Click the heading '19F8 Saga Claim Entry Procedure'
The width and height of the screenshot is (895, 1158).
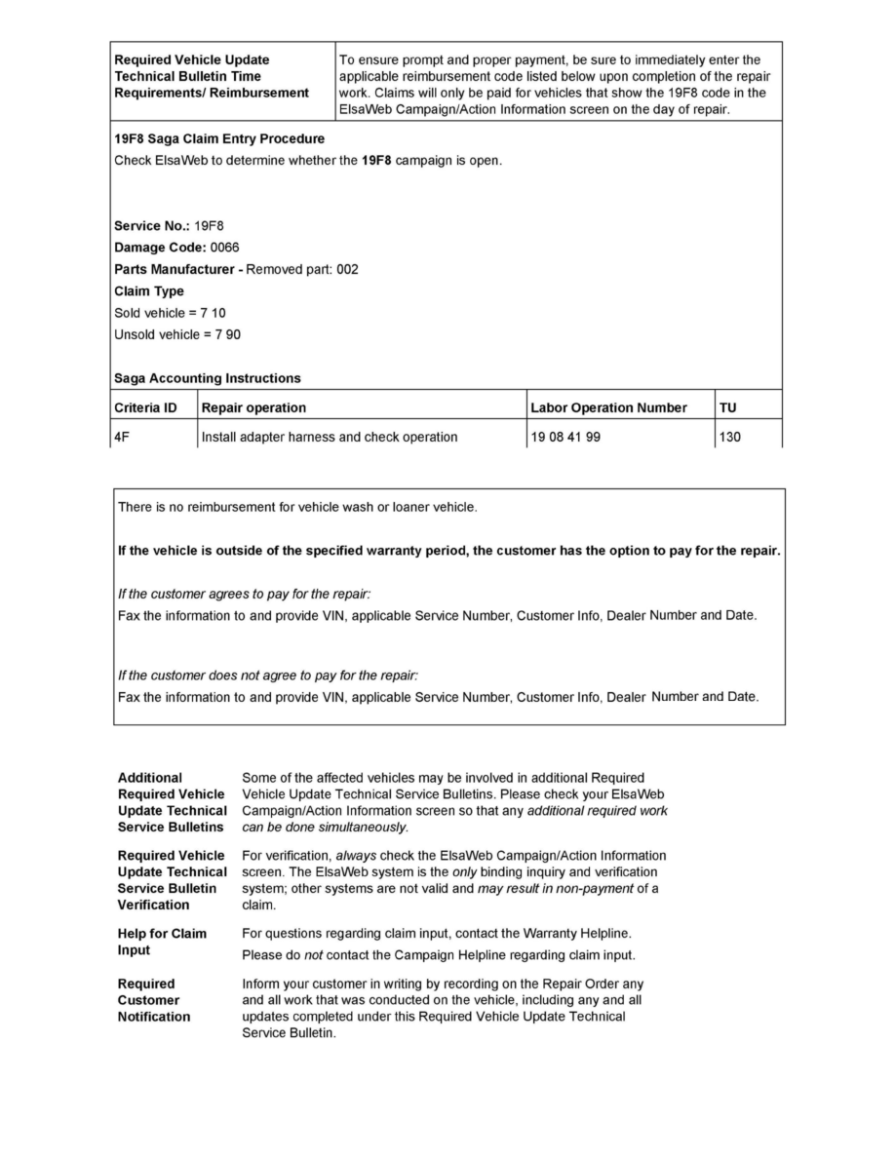tap(219, 138)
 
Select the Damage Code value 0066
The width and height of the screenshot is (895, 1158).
tap(224, 248)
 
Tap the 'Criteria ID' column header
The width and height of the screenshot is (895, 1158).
tap(145, 407)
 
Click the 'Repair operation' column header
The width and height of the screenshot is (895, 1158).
tap(253, 407)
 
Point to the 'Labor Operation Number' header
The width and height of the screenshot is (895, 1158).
tap(608, 407)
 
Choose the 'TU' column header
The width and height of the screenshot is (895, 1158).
tap(728, 407)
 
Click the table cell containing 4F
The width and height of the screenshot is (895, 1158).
tap(122, 437)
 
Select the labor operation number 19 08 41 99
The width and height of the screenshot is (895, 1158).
tap(565, 437)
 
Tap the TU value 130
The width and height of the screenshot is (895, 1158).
tap(729, 437)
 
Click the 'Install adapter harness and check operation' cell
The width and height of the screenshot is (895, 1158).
tap(329, 437)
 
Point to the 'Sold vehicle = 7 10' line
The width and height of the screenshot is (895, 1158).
tap(171, 313)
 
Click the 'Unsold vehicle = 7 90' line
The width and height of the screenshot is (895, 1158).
tap(177, 334)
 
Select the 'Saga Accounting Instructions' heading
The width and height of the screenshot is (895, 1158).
tap(208, 378)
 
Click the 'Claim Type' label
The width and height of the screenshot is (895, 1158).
tap(149, 291)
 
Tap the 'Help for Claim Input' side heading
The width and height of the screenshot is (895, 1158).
tap(162, 942)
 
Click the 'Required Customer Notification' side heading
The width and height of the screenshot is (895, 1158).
tap(154, 1000)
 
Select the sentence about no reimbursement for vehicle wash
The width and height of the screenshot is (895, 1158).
tap(297, 507)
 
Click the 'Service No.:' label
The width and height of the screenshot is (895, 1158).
tap(152, 226)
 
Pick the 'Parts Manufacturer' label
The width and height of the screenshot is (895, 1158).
tap(175, 269)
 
